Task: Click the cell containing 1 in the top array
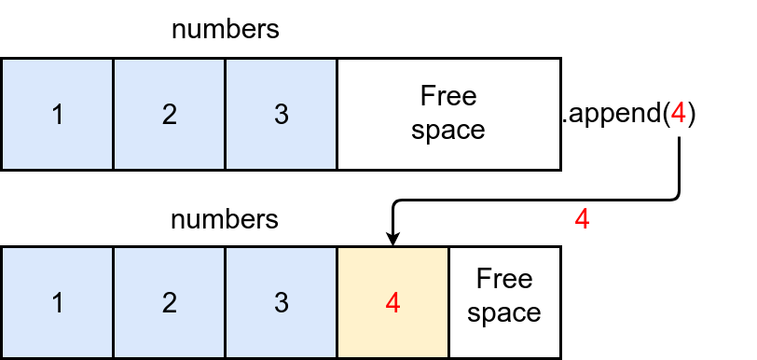(57, 115)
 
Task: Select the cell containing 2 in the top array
(169, 115)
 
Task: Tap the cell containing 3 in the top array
(281, 115)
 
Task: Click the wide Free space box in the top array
(448, 115)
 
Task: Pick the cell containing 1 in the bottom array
(57, 302)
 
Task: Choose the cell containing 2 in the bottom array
(169, 302)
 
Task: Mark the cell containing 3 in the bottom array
(281, 302)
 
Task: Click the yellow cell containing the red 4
(392, 302)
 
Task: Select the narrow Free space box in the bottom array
(504, 302)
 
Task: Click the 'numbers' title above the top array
(225, 29)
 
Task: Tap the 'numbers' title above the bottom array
(225, 220)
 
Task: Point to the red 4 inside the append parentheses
(679, 114)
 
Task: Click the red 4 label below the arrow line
(582, 220)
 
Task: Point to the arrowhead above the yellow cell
(392, 240)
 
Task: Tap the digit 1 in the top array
(57, 115)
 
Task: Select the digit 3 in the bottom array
(281, 302)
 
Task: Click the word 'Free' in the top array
(448, 97)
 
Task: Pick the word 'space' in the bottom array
(504, 313)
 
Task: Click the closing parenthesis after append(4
(692, 115)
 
